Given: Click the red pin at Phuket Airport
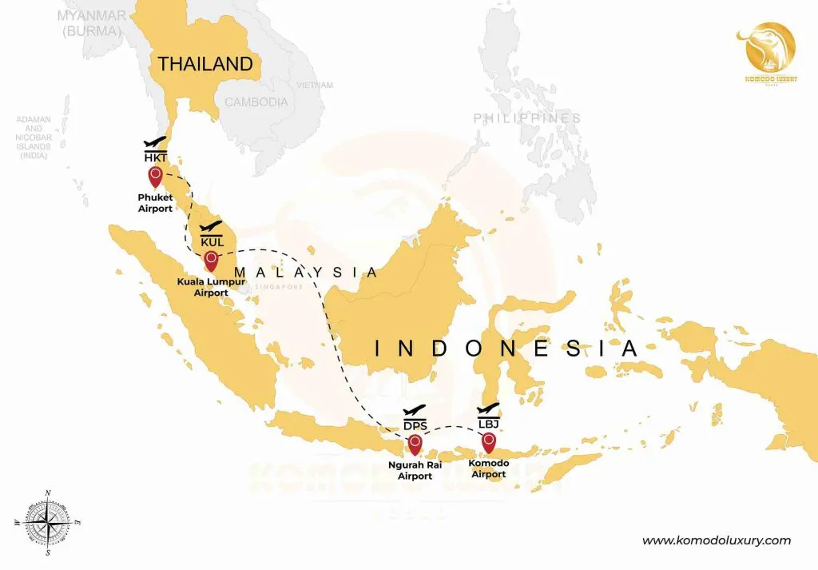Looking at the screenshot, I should (x=155, y=176).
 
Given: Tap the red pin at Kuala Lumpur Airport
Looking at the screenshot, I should (x=211, y=259).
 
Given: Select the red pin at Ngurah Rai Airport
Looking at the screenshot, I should (x=415, y=441).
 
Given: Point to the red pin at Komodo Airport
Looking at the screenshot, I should (x=489, y=440).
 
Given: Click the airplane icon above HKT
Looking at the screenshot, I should (x=155, y=141).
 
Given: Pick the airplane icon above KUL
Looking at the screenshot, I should (x=211, y=225).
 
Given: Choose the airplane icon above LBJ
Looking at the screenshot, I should (x=488, y=409).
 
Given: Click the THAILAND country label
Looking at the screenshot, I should (x=205, y=64).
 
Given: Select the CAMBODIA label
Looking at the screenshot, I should (x=256, y=102).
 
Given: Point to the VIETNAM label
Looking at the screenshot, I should (x=314, y=84).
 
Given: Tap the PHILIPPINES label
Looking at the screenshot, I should (x=526, y=118).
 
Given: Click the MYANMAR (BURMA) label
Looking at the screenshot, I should (x=91, y=23).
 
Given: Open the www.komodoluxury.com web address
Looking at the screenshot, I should (x=717, y=540).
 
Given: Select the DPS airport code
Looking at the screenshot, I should (x=415, y=425).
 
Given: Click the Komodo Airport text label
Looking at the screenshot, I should (x=488, y=468).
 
